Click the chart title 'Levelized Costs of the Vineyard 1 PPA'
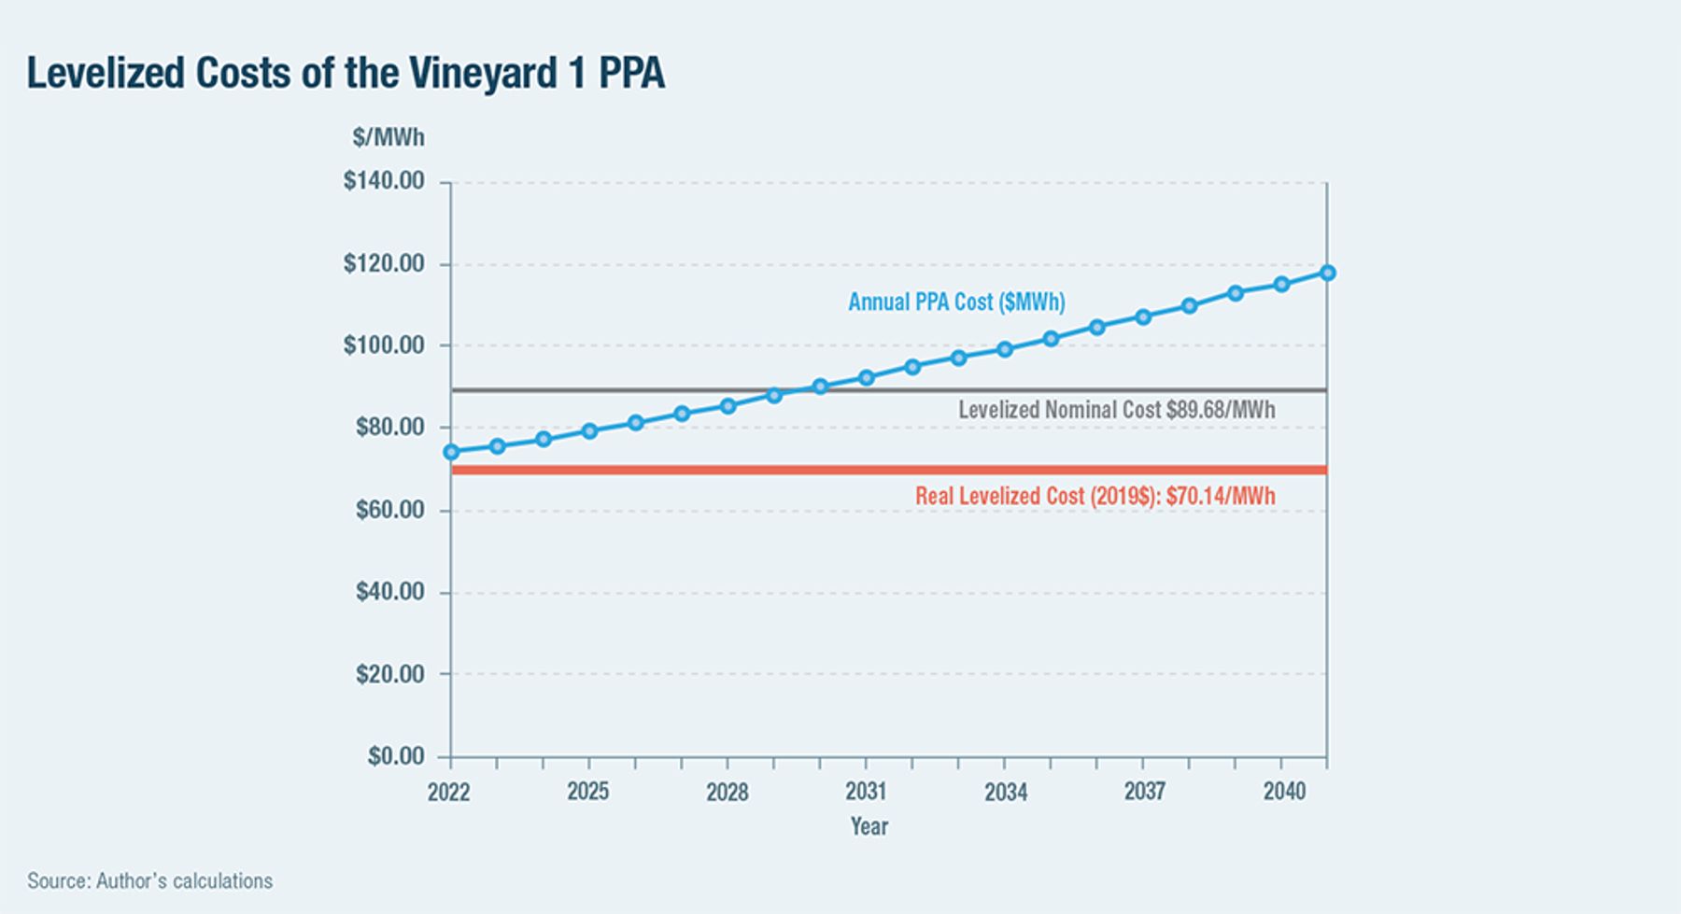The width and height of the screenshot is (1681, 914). click(346, 74)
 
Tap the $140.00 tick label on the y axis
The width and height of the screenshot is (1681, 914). click(384, 180)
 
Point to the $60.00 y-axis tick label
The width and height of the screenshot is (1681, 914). click(389, 510)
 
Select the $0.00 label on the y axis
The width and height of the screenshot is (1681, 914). click(396, 755)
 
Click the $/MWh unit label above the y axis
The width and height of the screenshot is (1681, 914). click(388, 137)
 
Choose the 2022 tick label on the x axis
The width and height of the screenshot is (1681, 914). click(449, 793)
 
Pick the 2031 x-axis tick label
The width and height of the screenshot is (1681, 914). click(866, 792)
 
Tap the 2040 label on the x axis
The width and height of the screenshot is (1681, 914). click(1284, 792)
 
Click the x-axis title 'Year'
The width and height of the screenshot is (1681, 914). click(869, 826)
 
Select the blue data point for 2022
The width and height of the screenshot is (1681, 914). click(451, 452)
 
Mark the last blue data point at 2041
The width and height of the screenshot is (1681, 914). click(1327, 273)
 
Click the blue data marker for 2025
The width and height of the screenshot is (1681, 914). click(589, 431)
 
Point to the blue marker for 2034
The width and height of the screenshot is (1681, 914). click(1005, 349)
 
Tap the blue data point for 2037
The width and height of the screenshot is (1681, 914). click(1143, 317)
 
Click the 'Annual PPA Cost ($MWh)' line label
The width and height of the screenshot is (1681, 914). click(956, 302)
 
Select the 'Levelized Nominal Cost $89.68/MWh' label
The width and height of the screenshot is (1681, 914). click(1116, 410)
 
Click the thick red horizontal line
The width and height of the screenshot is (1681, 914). click(889, 470)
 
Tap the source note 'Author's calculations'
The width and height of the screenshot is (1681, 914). click(184, 881)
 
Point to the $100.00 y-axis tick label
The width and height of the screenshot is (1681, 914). click(384, 345)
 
